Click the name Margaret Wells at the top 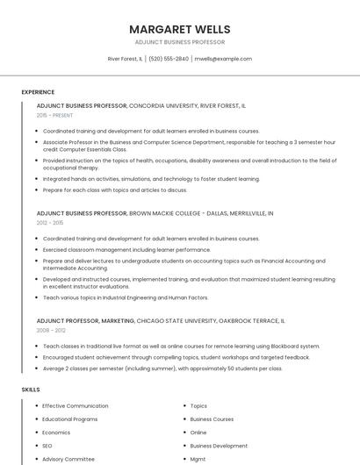coord(180,29)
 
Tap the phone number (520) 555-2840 coord(169,59)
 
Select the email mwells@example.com coord(223,59)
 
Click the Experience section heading coord(38,92)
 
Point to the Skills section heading coord(31,389)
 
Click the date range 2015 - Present coord(55,115)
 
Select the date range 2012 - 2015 coord(50,223)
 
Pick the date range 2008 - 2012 coord(50,331)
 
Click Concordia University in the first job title coord(163,105)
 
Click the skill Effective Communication coord(76,406)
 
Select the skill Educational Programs coord(70,419)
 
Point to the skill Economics coord(56,433)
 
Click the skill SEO coord(47,446)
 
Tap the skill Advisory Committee coord(68,459)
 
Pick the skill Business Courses coord(212,419)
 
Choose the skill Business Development coord(219,446)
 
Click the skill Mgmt coord(198,459)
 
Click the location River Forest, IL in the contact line coord(125,59)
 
